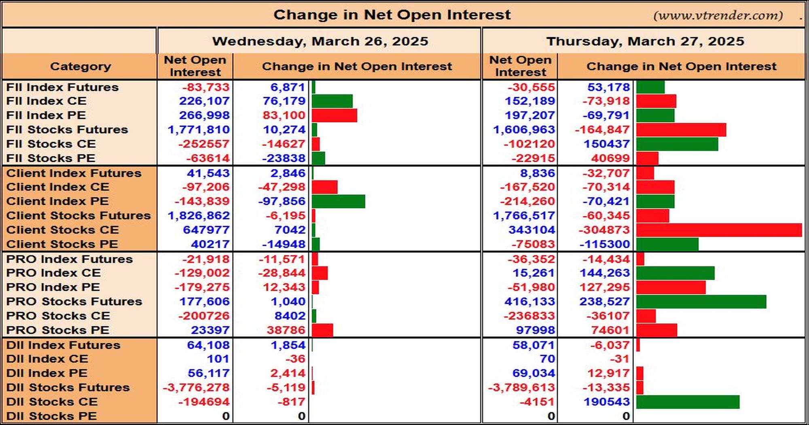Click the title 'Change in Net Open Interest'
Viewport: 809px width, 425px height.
(392, 15)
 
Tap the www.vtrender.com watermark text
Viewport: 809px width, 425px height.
(718, 15)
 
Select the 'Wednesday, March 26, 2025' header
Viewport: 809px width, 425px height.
(320, 41)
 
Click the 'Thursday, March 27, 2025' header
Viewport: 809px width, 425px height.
(645, 41)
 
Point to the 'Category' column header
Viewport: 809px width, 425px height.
(80, 66)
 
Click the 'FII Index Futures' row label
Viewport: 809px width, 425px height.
(62, 87)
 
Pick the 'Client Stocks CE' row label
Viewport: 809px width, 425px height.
(62, 229)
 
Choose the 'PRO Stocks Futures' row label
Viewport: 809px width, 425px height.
(74, 301)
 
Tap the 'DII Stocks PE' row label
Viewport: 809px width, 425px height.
(51, 416)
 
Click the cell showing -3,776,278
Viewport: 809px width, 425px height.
(196, 387)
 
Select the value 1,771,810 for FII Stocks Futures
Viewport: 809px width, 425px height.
(199, 130)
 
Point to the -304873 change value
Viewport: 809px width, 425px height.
(604, 229)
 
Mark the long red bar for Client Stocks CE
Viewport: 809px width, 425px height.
(719, 230)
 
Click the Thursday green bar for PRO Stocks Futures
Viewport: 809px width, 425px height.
(701, 302)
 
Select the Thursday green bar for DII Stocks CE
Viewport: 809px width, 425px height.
(688, 402)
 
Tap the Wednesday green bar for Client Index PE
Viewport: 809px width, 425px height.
(339, 202)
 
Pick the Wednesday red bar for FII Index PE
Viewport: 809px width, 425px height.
(335, 115)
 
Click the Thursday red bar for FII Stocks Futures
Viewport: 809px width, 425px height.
(681, 130)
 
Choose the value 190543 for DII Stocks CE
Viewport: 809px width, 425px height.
(606, 402)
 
